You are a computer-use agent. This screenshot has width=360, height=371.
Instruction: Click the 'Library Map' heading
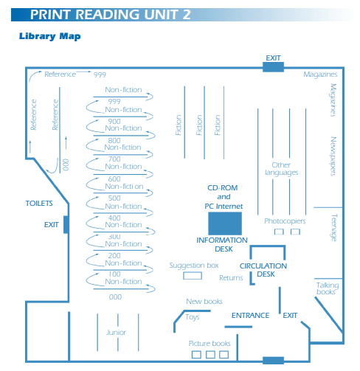click(50, 36)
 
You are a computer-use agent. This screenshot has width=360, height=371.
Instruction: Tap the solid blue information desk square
click(225, 223)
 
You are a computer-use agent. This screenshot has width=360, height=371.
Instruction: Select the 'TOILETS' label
click(39, 204)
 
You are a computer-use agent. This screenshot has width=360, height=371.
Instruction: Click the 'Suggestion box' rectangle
click(193, 276)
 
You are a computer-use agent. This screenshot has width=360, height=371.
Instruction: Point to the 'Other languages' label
click(281, 169)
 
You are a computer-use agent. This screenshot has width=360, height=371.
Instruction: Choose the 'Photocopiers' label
click(285, 221)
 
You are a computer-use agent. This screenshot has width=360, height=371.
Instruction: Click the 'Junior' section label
click(116, 333)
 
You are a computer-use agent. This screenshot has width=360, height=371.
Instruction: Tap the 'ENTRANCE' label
click(250, 315)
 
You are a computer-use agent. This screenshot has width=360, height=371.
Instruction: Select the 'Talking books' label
click(328, 288)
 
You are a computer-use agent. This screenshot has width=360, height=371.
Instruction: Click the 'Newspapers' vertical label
click(333, 156)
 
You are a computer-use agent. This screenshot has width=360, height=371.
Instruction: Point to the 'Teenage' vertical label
click(334, 227)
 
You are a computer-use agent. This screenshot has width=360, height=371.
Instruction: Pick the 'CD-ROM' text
click(223, 188)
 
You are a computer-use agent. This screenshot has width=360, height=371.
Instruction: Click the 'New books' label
click(204, 302)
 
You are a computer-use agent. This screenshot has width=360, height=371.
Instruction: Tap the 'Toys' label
click(193, 317)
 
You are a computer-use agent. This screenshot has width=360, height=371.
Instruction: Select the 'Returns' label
click(231, 278)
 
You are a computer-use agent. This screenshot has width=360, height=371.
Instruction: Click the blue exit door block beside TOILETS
click(66, 224)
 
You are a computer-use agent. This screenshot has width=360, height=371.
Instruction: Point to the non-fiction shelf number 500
click(114, 198)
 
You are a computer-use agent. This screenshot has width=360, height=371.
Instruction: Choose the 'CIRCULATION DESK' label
click(263, 270)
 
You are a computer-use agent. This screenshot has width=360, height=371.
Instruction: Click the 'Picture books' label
click(210, 344)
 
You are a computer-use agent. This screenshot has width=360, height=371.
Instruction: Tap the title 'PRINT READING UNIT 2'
click(111, 15)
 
